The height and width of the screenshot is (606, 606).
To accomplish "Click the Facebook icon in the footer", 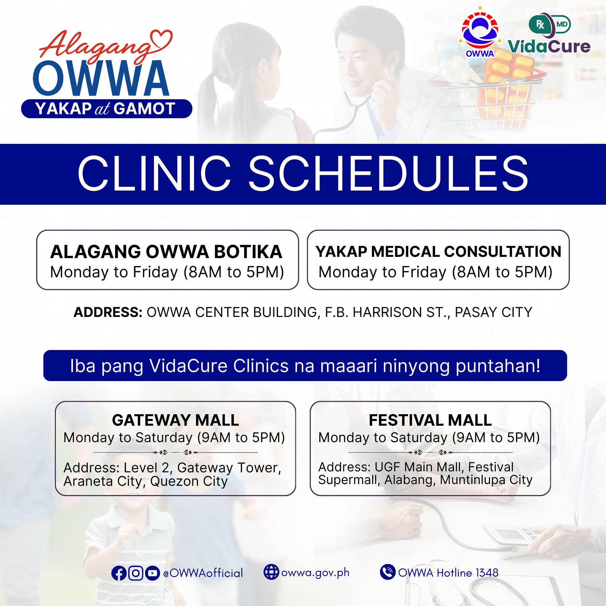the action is [119, 573].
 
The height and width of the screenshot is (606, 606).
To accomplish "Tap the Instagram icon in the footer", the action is [136, 573].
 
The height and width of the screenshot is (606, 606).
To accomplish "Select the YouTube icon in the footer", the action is [152, 573].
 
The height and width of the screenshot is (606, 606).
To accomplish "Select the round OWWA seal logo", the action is [480, 33].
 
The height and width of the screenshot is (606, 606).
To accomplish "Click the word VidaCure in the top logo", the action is [549, 46].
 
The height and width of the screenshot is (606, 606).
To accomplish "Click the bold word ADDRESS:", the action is [108, 312].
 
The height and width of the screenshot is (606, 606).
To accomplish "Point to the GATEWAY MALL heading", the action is [175, 420].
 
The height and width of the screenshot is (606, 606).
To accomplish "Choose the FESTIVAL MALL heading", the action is [430, 420].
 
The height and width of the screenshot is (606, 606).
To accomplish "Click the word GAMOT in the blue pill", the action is [144, 109].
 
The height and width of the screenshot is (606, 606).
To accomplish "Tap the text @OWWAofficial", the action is [203, 573].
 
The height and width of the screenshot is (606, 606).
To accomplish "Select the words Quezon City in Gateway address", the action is [189, 481].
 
